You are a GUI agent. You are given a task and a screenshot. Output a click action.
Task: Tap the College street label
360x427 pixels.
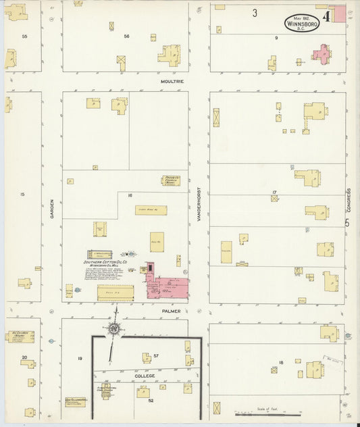[145, 376]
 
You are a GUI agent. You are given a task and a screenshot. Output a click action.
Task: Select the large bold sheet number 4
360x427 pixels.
[327, 16]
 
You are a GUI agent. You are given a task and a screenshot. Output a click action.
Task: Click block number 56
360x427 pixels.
[126, 35]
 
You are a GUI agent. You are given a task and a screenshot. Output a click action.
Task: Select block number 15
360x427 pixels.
[22, 195]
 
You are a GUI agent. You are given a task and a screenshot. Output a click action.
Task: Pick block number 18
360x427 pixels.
[280, 363]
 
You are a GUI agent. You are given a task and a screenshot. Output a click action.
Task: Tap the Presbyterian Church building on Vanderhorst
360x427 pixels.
[171, 180]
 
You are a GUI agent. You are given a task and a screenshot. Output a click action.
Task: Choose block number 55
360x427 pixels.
[24, 36]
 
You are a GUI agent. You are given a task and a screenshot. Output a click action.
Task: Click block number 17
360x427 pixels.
[274, 193]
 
